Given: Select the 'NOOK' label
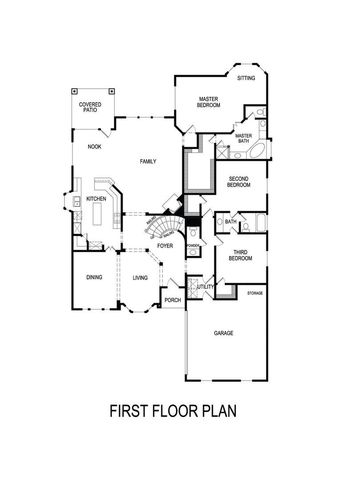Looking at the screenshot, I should click(x=94, y=146).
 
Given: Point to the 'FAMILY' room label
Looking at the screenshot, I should click(x=148, y=162).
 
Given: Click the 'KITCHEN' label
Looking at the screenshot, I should click(x=97, y=199).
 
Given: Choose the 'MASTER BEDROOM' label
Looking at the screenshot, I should click(x=208, y=102).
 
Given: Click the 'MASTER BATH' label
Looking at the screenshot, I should click(x=243, y=137).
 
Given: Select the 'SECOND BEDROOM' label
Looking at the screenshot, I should click(x=239, y=182).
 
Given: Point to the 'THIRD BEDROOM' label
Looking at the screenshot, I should click(x=240, y=256).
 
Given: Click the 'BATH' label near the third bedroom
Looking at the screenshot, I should click(x=230, y=221).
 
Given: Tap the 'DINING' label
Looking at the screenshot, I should click(x=94, y=277).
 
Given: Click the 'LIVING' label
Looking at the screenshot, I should click(x=141, y=277).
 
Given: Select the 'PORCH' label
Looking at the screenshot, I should click(x=173, y=299).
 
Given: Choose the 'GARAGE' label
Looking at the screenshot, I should click(x=222, y=334).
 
